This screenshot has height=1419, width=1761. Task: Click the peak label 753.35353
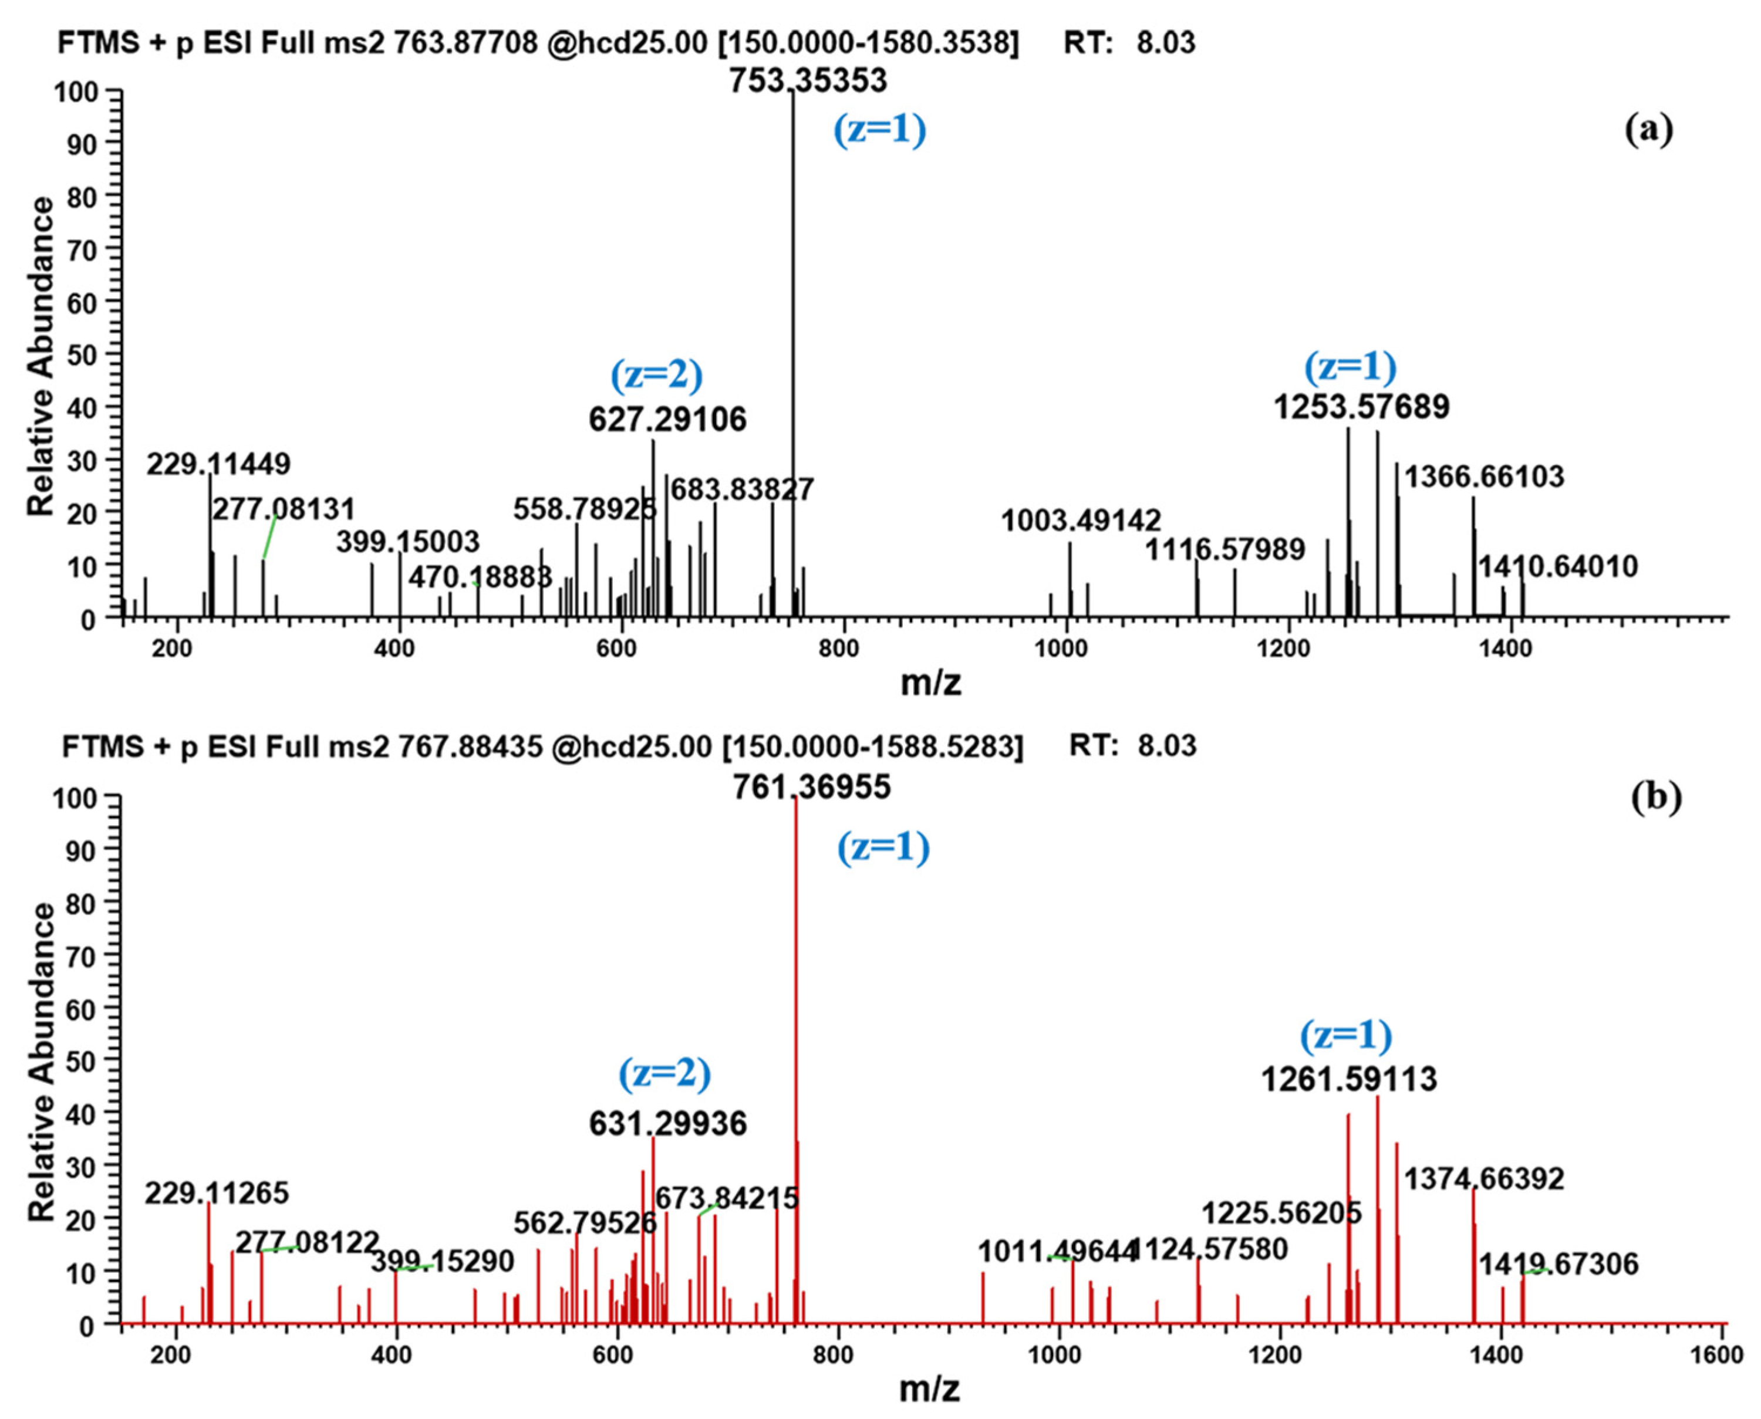coord(808,81)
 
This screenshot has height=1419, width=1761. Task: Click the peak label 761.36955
coord(811,787)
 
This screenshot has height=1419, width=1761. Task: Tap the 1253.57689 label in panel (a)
coord(1361,406)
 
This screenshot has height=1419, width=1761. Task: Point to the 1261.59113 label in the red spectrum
coord(1348,1080)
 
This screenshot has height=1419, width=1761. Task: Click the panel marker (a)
coord(1648,129)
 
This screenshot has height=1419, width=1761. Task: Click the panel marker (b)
coord(1655,797)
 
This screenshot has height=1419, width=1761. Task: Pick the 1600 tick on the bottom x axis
coord(1719,1355)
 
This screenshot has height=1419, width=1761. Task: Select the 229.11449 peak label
coord(218,464)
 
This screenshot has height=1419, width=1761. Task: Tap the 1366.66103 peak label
coord(1484,477)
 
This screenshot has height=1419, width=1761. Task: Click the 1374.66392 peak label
coord(1484,1178)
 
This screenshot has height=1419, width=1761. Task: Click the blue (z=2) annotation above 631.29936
coord(664,1073)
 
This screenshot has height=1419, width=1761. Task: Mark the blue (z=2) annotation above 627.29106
coord(656,374)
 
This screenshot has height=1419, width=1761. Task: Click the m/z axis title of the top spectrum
coord(930,682)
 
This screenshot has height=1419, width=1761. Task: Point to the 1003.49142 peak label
coord(1081,521)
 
